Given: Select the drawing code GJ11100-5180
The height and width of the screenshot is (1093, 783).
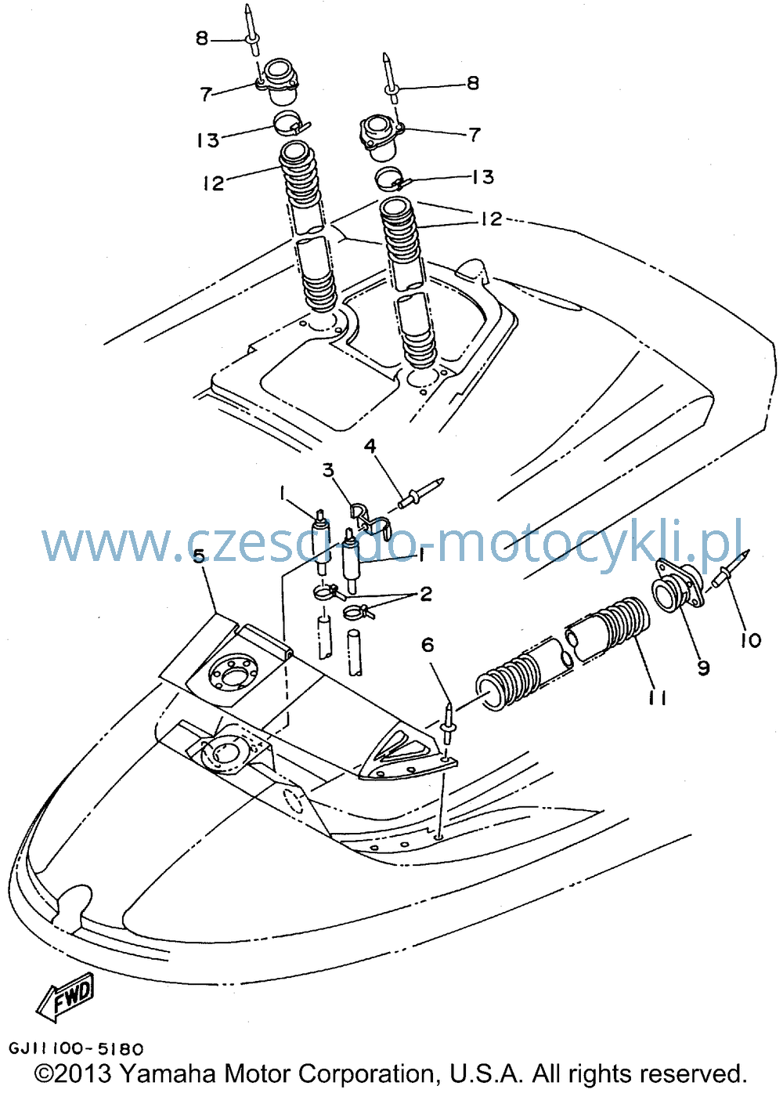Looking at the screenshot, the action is coord(76,1048).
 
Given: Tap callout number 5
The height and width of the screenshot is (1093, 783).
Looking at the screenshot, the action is coord(198,556).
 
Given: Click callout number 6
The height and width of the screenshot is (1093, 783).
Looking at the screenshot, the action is coord(428,645).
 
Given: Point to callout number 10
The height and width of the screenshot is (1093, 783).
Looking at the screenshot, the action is coord(751,640).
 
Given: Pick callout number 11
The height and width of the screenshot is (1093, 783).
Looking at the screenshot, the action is coord(657,699).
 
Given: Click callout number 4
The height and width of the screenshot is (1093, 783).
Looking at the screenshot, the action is coord(370,446).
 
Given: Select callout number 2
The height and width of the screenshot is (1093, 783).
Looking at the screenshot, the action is coord(426,594).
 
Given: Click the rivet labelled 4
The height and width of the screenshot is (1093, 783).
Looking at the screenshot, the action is coord(420,493).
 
